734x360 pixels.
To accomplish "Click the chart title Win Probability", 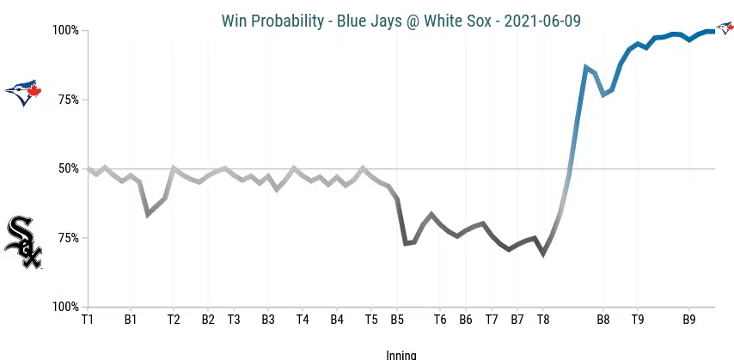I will pos(276,19).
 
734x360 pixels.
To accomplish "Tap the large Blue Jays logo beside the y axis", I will pos(23,92).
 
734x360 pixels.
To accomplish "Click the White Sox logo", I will pos(23,242).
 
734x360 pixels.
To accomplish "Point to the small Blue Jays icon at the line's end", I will pos(725,28).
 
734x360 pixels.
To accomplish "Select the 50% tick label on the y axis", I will pos(66,168).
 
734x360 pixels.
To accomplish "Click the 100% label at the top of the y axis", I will pos(64,30).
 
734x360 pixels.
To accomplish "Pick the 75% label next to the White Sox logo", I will pos(66,238).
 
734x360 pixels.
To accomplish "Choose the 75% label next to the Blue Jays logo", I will pos(66,100).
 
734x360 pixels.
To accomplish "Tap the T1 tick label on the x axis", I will pos(88,320).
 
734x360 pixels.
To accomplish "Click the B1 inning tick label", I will pos(131,320).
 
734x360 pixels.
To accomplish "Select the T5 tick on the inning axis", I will pos(371,320).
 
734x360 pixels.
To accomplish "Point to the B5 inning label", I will pos(397,320).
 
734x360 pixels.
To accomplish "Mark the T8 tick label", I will pos(543,320).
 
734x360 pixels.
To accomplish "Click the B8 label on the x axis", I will pos(603,320).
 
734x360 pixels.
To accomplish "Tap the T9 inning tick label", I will pos(638,320).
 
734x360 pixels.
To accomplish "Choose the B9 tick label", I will pos(689,320).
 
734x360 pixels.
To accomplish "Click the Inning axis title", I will pos(401,354).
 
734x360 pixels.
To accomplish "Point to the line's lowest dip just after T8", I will pos(543,253).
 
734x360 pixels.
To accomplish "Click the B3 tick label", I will pos(268,320).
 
